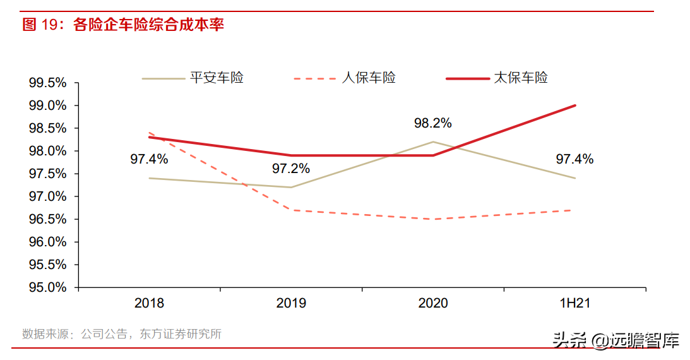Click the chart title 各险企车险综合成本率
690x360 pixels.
[149, 25]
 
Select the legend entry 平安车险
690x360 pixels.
[217, 78]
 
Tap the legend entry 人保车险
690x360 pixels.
[369, 78]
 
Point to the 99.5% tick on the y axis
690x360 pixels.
[47, 83]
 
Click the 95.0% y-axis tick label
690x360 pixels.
[47, 287]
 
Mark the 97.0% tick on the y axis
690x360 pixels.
[47, 196]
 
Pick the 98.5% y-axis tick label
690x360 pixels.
[47, 128]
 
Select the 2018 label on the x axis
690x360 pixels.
[149, 303]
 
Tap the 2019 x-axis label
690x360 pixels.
[291, 303]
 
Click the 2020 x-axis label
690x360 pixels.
[433, 303]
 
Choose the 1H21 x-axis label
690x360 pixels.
[574, 303]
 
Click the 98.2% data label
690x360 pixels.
[433, 123]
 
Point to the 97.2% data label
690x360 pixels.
[291, 169]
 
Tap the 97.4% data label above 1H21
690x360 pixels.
[574, 159]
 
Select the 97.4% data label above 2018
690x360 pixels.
[149, 159]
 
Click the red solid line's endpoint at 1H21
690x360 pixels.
[575, 105]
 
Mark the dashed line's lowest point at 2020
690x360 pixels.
[433, 219]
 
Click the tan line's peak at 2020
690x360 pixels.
[433, 141]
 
